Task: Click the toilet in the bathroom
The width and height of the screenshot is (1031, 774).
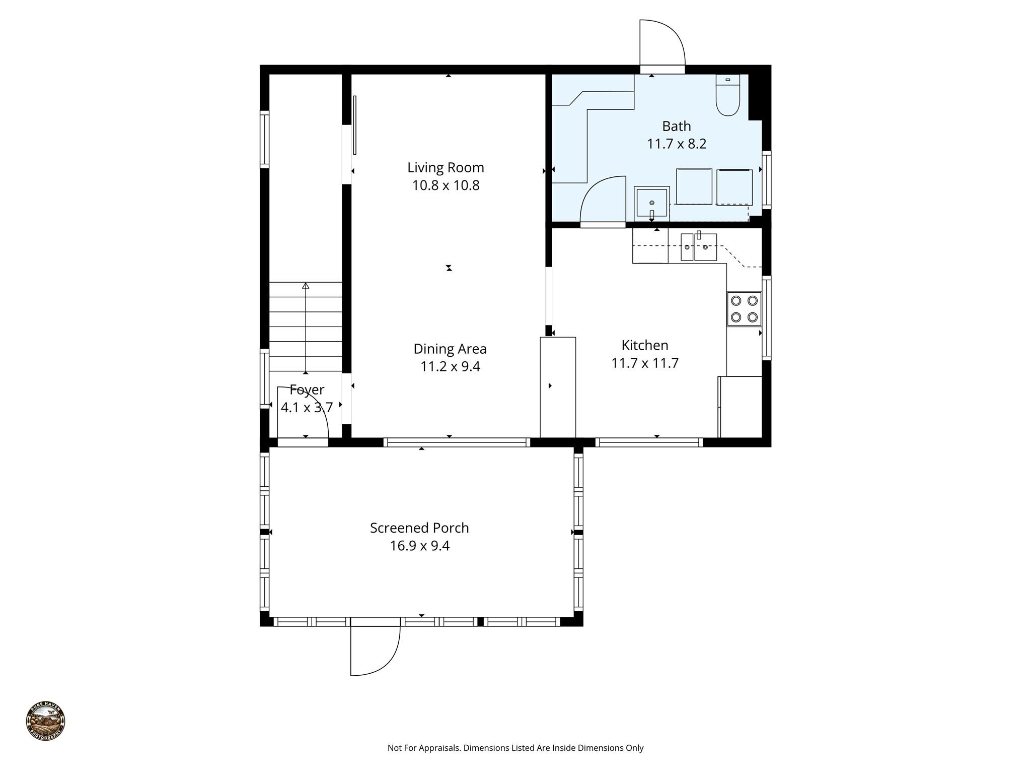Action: (727, 96)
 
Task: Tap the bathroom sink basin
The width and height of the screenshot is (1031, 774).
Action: (651, 204)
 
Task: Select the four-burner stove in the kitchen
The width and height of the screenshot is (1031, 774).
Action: (744, 308)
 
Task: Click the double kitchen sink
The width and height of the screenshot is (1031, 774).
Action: (698, 247)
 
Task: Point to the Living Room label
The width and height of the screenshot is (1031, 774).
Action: (446, 167)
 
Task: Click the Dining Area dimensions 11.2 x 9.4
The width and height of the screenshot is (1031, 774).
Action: (450, 366)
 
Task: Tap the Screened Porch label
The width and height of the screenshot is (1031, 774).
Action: (419, 528)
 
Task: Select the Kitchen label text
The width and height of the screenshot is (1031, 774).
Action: (644, 345)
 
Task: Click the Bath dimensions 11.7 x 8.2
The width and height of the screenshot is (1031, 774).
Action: (676, 144)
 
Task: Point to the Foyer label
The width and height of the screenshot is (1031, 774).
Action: (307, 390)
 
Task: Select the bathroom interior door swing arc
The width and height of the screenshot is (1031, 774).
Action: (602, 199)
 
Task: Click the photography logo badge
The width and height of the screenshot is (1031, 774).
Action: (45, 721)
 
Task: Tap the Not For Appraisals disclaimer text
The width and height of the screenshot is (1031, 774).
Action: (515, 748)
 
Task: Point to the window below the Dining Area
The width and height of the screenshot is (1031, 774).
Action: (457, 442)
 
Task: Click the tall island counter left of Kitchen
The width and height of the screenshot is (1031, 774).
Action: (558, 387)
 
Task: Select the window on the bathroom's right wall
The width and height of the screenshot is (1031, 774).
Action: (766, 179)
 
